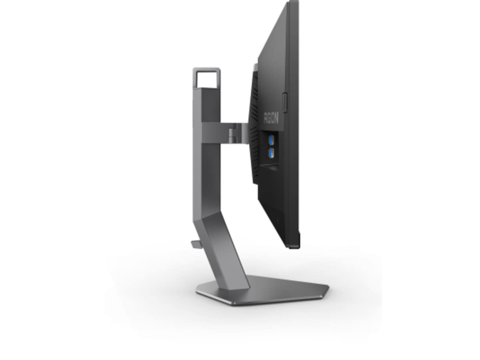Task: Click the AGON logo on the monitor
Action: pyautogui.click(x=271, y=118)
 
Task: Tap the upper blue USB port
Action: pyautogui.click(x=271, y=140)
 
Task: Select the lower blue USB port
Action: pyautogui.click(x=271, y=153)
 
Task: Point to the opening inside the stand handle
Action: pyautogui.click(x=207, y=80)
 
